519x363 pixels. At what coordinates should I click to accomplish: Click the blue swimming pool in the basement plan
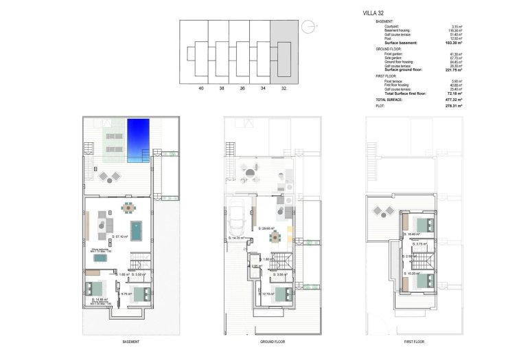click(137, 140)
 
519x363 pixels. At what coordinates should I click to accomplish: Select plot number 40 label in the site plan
click(201, 89)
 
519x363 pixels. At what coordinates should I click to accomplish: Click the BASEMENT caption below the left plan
click(131, 342)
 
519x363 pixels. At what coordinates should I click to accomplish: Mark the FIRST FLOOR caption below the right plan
click(413, 342)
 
